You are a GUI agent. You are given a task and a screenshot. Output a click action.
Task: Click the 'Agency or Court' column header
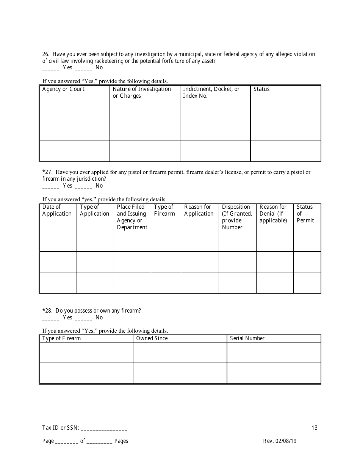(x=63, y=89)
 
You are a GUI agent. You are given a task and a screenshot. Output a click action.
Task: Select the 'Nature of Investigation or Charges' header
(x=142, y=92)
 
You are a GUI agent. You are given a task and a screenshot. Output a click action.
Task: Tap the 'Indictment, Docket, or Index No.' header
(x=211, y=92)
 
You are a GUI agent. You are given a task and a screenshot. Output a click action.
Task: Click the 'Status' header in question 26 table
(x=261, y=89)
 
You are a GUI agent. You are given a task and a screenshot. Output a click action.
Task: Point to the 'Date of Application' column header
(x=57, y=210)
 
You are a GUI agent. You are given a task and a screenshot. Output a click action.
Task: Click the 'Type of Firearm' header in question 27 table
(x=164, y=210)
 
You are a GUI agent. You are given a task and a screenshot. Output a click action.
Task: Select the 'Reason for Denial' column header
(x=273, y=214)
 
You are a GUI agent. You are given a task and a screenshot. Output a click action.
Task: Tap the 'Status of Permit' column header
(x=305, y=214)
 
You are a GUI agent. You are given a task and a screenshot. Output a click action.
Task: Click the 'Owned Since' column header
(x=152, y=338)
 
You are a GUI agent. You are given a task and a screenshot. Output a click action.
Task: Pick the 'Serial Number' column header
(x=247, y=338)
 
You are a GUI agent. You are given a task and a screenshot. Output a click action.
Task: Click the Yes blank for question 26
(x=50, y=68)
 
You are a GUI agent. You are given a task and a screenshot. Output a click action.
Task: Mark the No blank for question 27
(x=83, y=186)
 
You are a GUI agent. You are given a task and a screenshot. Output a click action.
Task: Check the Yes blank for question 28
(x=50, y=318)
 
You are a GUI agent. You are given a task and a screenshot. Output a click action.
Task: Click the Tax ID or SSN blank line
(x=104, y=428)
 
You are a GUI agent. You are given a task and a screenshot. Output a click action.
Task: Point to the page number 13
(x=315, y=428)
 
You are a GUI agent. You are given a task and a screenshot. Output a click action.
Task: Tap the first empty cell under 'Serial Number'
(x=274, y=353)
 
